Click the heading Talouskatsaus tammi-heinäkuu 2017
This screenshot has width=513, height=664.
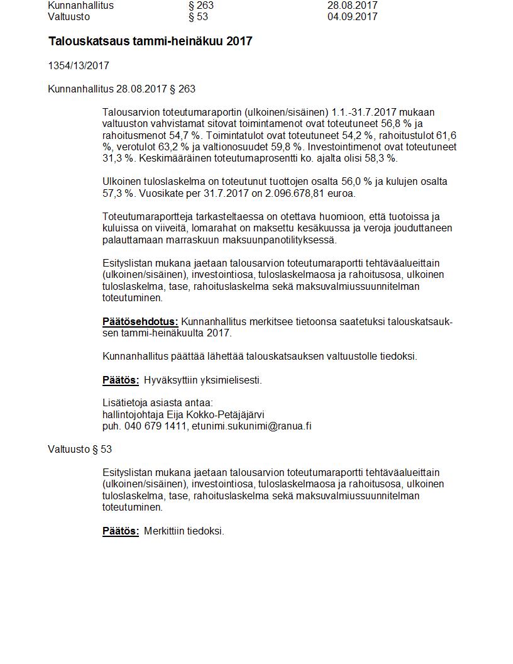[x=150, y=41]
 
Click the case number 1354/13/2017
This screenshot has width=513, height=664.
[x=79, y=65]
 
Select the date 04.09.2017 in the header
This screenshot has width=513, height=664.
[x=352, y=17]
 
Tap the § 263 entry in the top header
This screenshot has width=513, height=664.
[x=201, y=6]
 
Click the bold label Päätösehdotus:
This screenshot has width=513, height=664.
[x=140, y=322]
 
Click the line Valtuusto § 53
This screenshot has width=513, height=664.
[x=80, y=449]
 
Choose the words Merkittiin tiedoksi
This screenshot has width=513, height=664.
[x=184, y=531]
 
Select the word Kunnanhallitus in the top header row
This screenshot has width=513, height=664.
[x=80, y=6]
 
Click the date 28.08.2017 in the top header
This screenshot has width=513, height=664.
[x=352, y=6]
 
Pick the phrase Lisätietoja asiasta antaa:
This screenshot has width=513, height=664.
[x=158, y=402]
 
